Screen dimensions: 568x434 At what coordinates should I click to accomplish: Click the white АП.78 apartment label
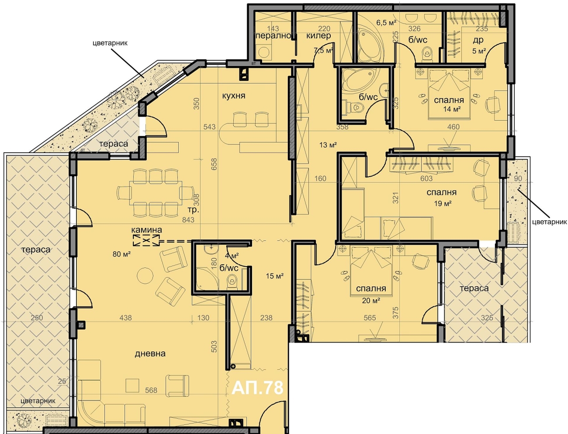[257, 388]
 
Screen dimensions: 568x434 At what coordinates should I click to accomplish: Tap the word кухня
[234, 96]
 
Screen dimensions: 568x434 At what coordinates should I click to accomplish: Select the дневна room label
[150, 354]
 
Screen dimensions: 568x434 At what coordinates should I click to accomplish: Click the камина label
[147, 230]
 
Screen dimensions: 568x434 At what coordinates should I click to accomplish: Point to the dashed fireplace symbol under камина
[146, 240]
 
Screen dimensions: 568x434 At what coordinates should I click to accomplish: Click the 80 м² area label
[121, 254]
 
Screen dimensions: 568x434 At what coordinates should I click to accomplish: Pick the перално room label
[273, 36]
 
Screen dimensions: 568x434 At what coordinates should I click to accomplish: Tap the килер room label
[319, 36]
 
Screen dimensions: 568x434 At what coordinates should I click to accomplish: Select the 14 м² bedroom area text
[452, 109]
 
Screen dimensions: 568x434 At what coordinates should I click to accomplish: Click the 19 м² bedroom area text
[443, 203]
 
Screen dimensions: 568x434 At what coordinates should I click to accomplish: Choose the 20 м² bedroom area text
[371, 300]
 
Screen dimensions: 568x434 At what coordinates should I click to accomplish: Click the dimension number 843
[188, 220]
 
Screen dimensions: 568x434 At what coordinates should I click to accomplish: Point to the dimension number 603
[426, 179]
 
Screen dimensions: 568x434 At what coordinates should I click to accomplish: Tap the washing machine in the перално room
[264, 52]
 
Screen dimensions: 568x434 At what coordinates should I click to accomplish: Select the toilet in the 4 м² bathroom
[232, 281]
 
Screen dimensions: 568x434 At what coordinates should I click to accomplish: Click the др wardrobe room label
[478, 40]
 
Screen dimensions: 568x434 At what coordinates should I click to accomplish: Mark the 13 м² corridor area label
[328, 145]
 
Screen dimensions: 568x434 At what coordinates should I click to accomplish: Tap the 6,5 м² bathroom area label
[386, 23]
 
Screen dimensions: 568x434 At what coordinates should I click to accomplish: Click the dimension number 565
[370, 318]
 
